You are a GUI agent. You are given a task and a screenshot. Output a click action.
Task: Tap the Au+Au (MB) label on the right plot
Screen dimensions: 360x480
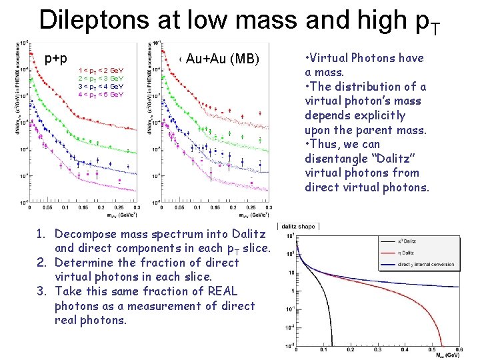(222, 59)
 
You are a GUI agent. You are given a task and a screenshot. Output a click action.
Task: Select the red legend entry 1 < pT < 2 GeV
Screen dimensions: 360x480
(101, 70)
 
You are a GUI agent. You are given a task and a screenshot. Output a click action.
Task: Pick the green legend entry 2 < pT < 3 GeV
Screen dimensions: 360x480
(101, 78)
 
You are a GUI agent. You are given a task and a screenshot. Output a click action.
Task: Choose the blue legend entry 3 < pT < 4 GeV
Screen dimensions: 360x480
(101, 86)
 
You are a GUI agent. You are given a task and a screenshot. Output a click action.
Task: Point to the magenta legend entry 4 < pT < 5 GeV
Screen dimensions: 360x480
(101, 94)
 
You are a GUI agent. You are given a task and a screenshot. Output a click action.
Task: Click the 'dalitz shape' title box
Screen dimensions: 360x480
(297, 227)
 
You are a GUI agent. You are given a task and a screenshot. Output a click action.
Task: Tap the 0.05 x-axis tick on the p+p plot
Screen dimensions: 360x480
(49, 207)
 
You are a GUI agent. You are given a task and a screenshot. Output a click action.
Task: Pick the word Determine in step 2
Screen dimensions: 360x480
(84, 263)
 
